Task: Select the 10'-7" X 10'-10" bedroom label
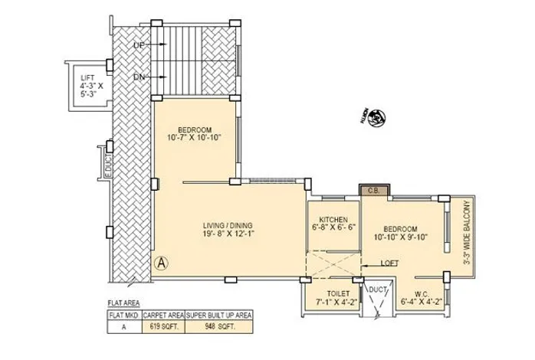point(194,133)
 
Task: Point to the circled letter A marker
point(161,261)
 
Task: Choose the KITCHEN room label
point(334,222)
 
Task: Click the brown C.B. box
point(376,191)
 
